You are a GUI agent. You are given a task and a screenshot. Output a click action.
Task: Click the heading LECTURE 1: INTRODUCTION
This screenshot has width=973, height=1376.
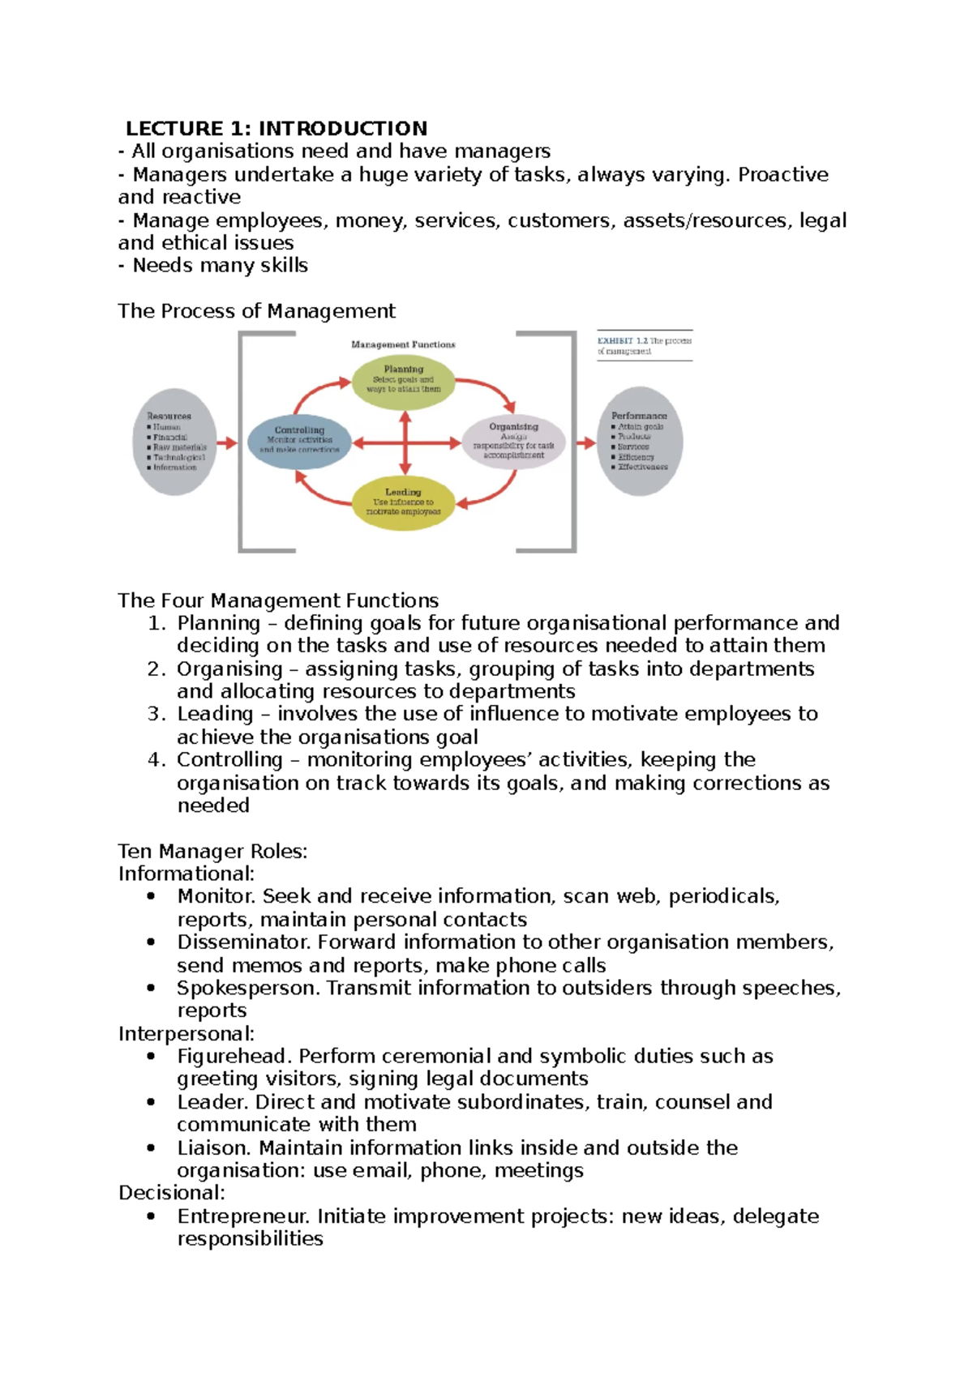[276, 128]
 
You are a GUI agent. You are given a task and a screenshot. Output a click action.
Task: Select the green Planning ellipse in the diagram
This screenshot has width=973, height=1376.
[403, 382]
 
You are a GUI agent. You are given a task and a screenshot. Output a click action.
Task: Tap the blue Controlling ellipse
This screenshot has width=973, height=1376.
[299, 442]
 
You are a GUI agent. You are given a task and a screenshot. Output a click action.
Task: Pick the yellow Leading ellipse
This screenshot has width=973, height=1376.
[403, 503]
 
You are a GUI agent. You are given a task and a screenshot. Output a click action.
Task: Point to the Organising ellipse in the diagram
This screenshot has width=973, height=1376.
[513, 442]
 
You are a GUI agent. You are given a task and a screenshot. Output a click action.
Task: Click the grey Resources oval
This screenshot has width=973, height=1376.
[174, 442]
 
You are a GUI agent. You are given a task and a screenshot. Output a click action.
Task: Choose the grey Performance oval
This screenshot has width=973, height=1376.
[639, 442]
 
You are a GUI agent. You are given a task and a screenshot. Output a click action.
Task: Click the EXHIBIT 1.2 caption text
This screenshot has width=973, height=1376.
[644, 346]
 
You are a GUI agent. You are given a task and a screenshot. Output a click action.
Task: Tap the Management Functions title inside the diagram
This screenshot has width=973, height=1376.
[403, 344]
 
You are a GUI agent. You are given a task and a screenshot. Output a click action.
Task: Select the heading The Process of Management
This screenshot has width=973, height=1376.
[256, 311]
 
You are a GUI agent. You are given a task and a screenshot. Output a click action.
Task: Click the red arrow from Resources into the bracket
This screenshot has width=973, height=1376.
[227, 443]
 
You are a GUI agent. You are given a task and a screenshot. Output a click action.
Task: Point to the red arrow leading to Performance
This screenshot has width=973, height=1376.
[585, 442]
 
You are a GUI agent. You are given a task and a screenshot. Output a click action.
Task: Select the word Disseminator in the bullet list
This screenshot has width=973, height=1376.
[243, 942]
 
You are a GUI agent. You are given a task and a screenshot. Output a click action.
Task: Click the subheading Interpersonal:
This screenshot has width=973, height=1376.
[186, 1034]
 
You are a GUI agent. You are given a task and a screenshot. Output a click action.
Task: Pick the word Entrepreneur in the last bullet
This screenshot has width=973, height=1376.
[242, 1216]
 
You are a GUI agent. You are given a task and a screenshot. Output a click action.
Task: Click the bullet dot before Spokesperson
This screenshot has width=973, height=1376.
[152, 988]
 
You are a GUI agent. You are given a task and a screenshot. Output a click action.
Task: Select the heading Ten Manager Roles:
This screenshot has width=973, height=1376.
[212, 852]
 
